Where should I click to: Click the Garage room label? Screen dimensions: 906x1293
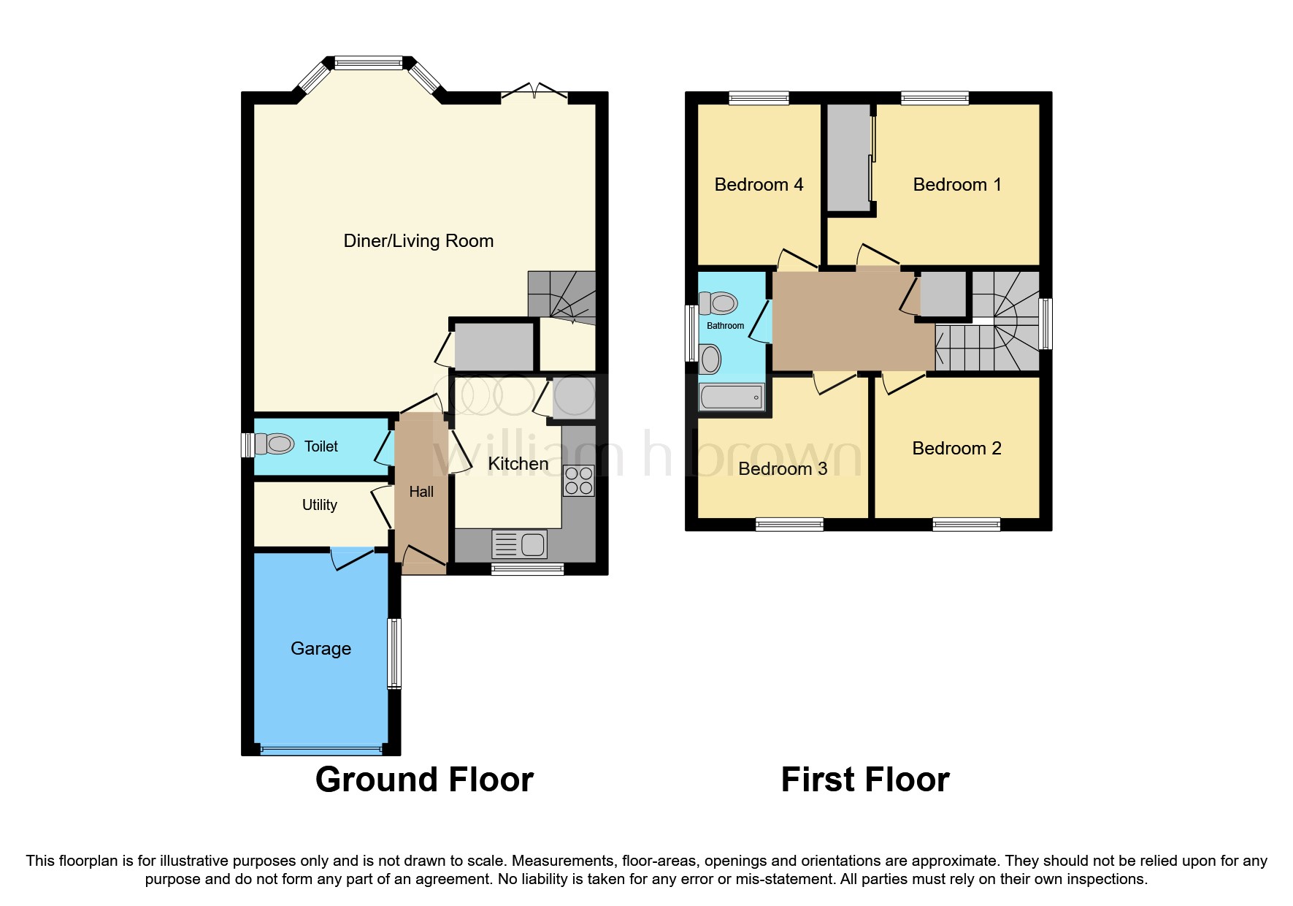coord(321,649)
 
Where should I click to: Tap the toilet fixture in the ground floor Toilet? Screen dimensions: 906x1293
coord(275,444)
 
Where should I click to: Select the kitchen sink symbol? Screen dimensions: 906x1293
coord(519,544)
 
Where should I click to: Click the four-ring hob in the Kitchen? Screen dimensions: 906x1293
coord(578,481)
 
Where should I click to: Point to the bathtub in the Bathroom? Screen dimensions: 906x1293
coord(731,397)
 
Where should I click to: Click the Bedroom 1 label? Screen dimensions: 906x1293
coord(956,185)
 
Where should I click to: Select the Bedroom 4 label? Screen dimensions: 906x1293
coord(759,185)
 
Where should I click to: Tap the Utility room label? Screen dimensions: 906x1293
coord(319,505)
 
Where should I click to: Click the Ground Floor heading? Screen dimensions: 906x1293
coord(424,780)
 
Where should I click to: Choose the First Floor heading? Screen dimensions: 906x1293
coord(864,780)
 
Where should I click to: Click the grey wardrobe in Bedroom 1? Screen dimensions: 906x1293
coord(848,157)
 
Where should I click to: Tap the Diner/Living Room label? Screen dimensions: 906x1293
coord(418,241)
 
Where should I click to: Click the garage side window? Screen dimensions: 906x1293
coord(394,653)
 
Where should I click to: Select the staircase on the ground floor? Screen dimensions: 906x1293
coord(562,294)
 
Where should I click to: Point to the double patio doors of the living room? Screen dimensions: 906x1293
coord(534,93)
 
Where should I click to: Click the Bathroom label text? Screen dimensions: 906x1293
coord(725,326)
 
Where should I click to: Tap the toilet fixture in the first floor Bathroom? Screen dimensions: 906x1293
coord(718,302)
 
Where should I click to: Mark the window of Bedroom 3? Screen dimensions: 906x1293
coord(789,524)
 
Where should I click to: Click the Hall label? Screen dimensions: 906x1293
coord(421,492)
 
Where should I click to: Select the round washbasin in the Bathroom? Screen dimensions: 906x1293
coord(710,359)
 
